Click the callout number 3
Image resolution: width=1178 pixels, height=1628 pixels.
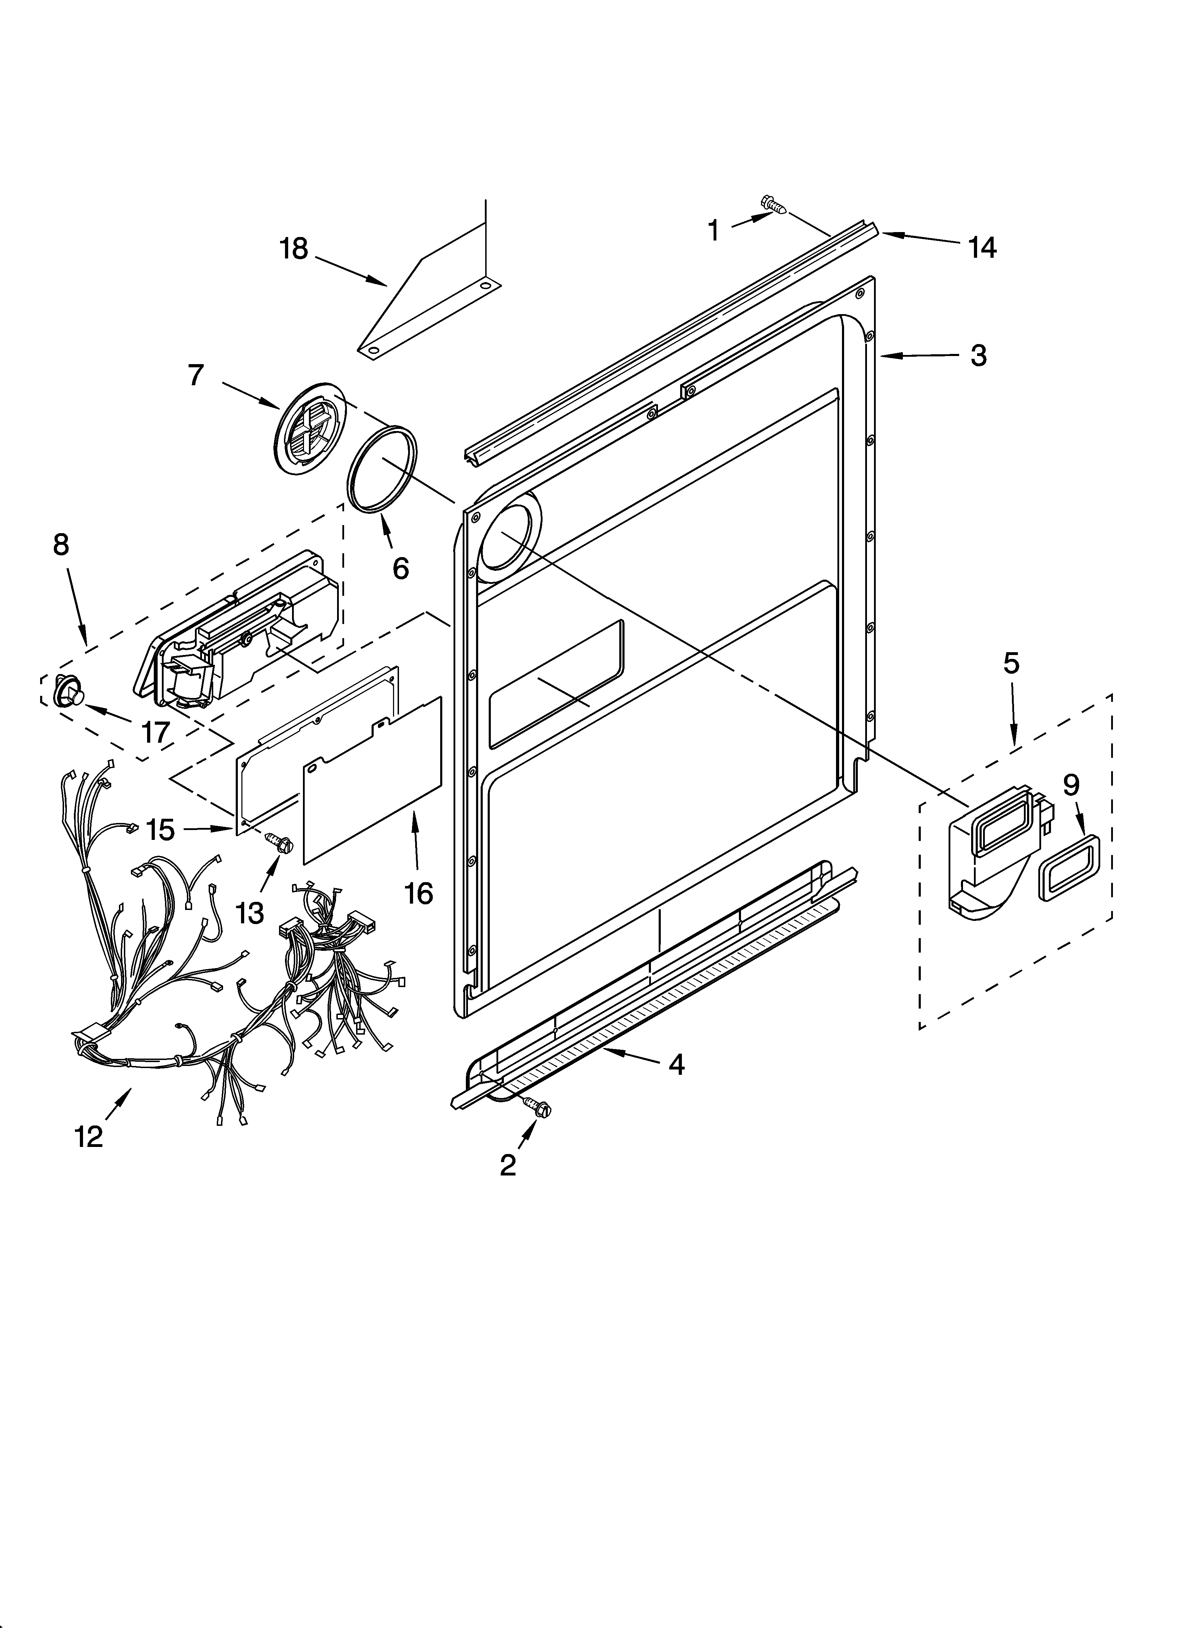coord(978,355)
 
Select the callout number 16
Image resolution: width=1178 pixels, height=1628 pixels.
coord(418,894)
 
